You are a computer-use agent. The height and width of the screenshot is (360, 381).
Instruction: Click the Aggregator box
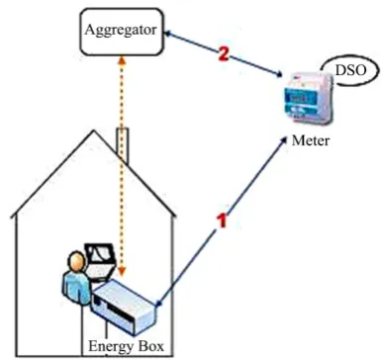[x=122, y=32]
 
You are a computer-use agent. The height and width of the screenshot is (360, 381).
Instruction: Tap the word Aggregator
[x=121, y=31]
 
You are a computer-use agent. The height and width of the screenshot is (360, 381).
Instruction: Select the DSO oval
[x=350, y=70]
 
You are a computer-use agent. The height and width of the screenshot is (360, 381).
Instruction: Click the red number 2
[x=224, y=54]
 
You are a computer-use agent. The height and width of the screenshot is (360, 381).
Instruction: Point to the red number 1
[x=223, y=221]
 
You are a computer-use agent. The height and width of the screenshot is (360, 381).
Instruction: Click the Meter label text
[x=311, y=140]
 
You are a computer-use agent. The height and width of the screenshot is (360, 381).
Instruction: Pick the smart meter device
[x=309, y=100]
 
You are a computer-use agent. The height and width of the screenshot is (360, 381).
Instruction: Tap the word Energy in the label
[x=111, y=347]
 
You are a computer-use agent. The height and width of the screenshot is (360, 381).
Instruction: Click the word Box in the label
[x=150, y=346]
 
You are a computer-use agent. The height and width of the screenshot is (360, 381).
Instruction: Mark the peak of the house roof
[x=94, y=131]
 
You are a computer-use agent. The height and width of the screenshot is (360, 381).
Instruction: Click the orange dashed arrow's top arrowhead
[x=123, y=59]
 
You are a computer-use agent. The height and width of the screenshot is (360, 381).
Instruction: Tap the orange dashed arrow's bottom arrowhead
[x=123, y=272]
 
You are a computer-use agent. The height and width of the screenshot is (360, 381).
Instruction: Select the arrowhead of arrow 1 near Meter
[x=283, y=140]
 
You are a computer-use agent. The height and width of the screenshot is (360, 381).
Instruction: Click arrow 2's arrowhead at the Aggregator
[x=169, y=33]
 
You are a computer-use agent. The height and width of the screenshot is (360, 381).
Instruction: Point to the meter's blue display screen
[x=299, y=98]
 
